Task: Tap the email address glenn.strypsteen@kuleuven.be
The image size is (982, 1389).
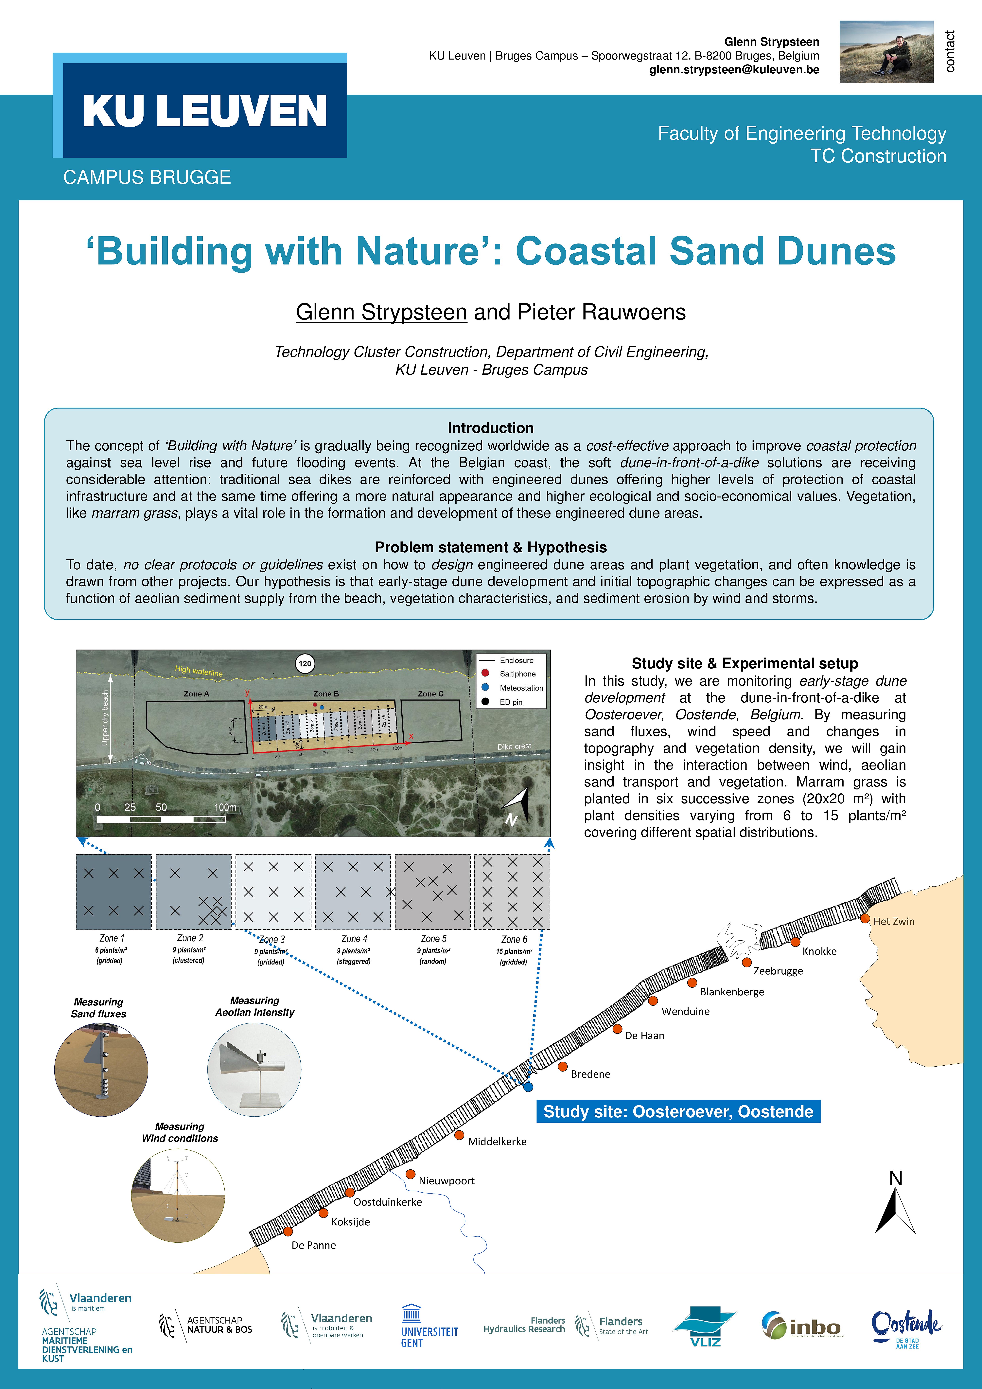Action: pyautogui.click(x=734, y=70)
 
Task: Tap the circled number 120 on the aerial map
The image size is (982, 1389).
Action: pyautogui.click(x=305, y=664)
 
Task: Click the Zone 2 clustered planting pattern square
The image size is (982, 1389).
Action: pyautogui.click(x=194, y=892)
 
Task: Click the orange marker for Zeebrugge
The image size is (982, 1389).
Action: pyautogui.click(x=747, y=962)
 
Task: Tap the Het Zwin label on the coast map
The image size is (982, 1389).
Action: pyautogui.click(x=894, y=921)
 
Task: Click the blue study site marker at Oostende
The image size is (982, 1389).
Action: pyautogui.click(x=528, y=1087)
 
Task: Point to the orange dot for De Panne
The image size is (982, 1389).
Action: pyautogui.click(x=288, y=1231)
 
